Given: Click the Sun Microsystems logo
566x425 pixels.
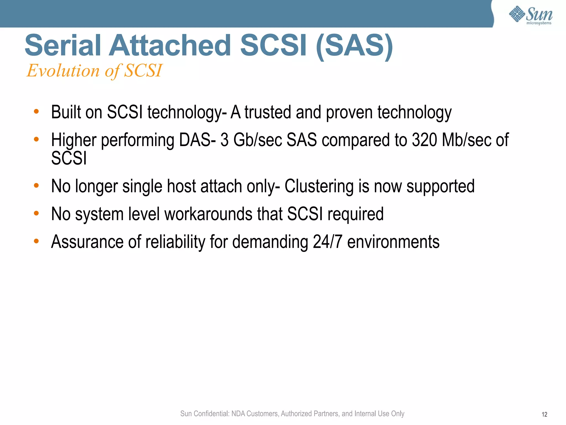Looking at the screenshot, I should tap(530, 15).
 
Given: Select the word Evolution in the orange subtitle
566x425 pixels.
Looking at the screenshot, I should tap(63, 71).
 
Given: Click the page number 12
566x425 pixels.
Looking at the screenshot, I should tap(544, 414).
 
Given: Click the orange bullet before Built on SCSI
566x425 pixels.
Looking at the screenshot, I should tap(36, 112).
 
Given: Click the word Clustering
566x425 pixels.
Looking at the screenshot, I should tap(319, 186).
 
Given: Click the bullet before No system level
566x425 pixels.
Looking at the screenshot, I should tap(36, 213).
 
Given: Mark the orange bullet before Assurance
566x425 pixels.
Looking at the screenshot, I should tap(36, 241).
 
